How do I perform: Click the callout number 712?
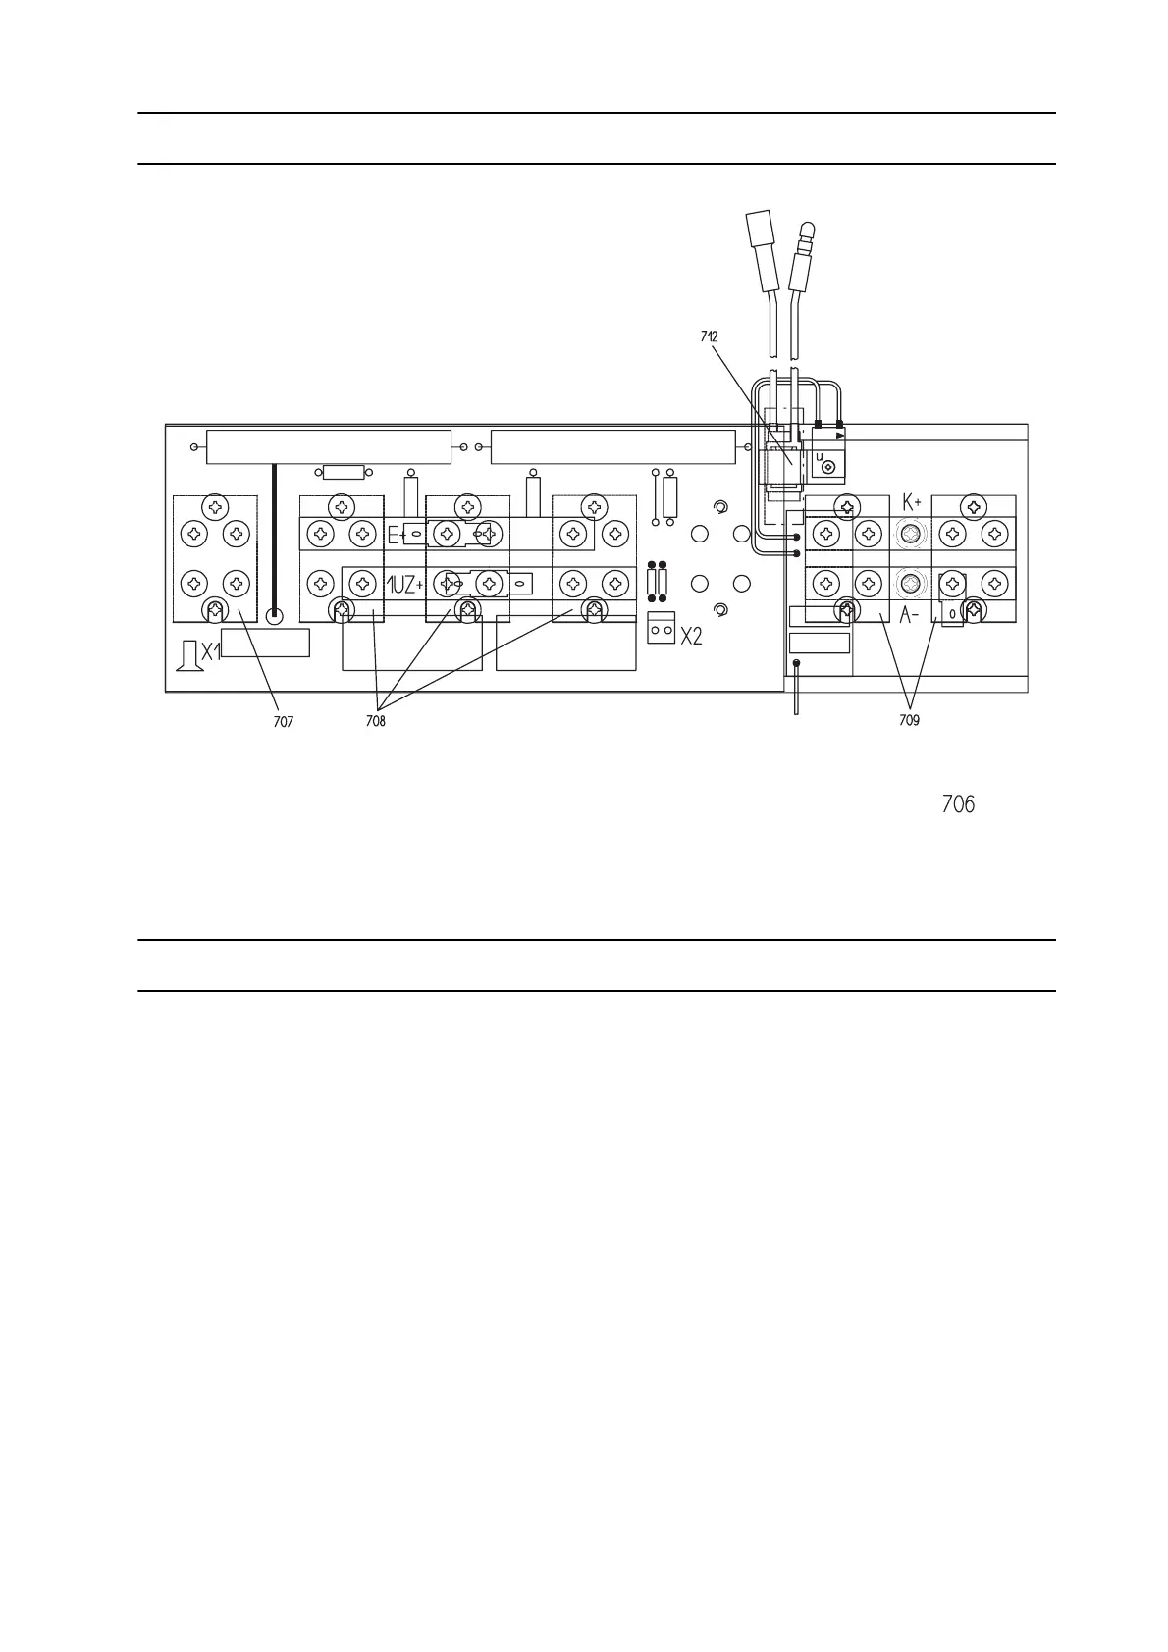[709, 336]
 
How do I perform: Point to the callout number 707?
[283, 722]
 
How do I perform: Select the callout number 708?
[375, 722]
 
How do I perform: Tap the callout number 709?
[909, 721]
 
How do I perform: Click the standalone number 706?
[957, 805]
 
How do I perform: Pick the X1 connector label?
[211, 651]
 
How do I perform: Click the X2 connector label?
[691, 637]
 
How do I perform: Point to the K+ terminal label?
[911, 503]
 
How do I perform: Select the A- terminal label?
[909, 616]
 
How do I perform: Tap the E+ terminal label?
[397, 536]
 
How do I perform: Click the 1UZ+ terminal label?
[404, 586]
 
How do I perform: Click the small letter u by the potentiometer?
[820, 456]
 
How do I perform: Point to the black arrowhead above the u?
[840, 435]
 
